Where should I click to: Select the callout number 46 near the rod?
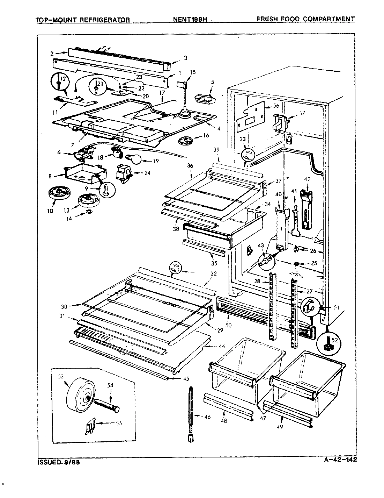tap(207, 417)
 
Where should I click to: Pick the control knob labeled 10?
tap(58, 195)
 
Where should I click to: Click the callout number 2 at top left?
tap(52, 54)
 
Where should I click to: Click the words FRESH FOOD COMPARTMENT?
tap(305, 19)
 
